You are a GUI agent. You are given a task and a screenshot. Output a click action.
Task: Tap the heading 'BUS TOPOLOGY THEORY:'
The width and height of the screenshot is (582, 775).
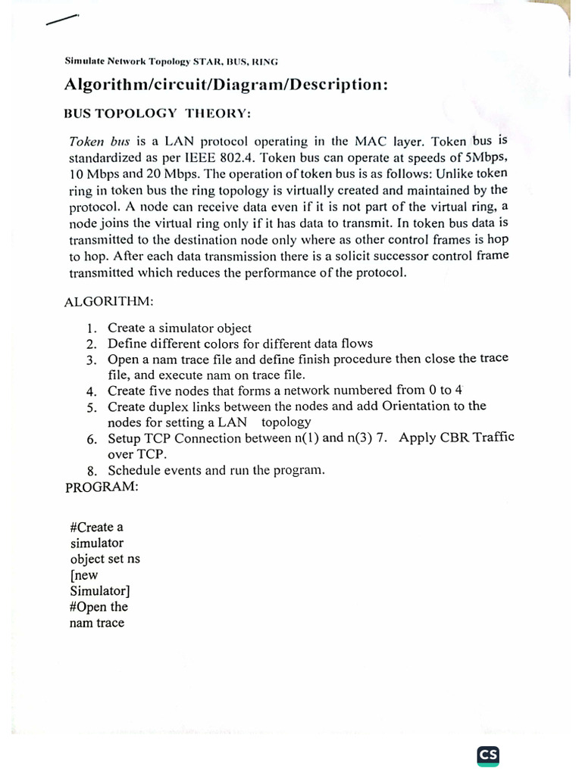(x=156, y=114)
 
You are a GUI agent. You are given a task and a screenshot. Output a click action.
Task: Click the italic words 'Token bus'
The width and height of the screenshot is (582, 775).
(x=100, y=142)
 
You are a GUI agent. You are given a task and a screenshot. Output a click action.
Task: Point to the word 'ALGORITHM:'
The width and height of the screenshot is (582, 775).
(x=109, y=301)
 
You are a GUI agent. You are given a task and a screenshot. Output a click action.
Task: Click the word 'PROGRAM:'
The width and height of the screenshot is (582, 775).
(x=102, y=487)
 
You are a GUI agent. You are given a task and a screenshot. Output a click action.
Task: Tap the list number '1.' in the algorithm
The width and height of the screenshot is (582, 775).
(x=92, y=328)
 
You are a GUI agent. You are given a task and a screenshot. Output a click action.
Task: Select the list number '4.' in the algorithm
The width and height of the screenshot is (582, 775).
(x=92, y=391)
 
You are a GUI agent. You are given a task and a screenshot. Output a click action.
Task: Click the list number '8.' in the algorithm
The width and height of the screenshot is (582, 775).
(x=92, y=471)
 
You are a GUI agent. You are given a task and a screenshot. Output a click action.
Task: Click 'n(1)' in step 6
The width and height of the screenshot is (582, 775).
(x=308, y=438)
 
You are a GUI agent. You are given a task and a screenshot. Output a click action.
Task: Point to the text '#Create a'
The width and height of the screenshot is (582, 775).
(x=96, y=527)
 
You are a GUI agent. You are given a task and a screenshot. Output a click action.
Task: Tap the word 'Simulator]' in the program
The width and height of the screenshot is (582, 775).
(x=99, y=590)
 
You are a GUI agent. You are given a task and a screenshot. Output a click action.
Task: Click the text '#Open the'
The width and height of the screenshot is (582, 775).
(x=99, y=607)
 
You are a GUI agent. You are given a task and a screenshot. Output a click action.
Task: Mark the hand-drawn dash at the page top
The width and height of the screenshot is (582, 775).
(x=61, y=20)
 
